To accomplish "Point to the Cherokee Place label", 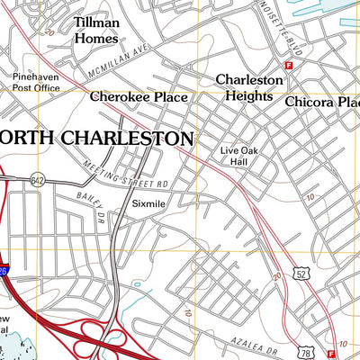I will point(138,97).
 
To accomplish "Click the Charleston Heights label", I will point(249,87).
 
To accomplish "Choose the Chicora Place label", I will point(322,103).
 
